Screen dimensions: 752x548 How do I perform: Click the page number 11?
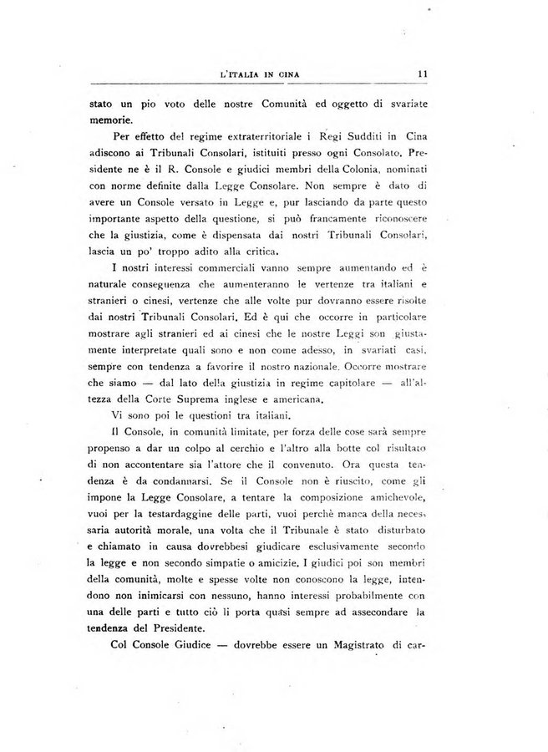[424, 74]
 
